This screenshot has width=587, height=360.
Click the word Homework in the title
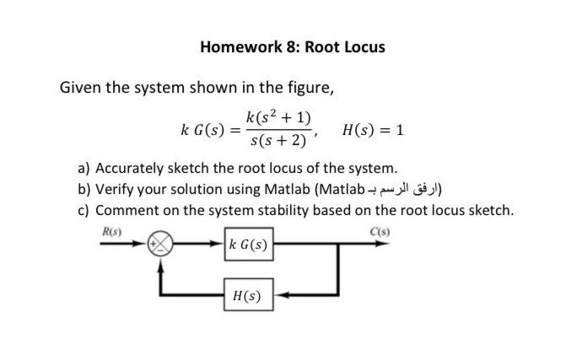(239, 47)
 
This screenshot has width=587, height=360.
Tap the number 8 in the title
(290, 47)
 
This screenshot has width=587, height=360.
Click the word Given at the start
(80, 87)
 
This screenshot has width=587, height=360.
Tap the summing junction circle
(160, 245)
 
